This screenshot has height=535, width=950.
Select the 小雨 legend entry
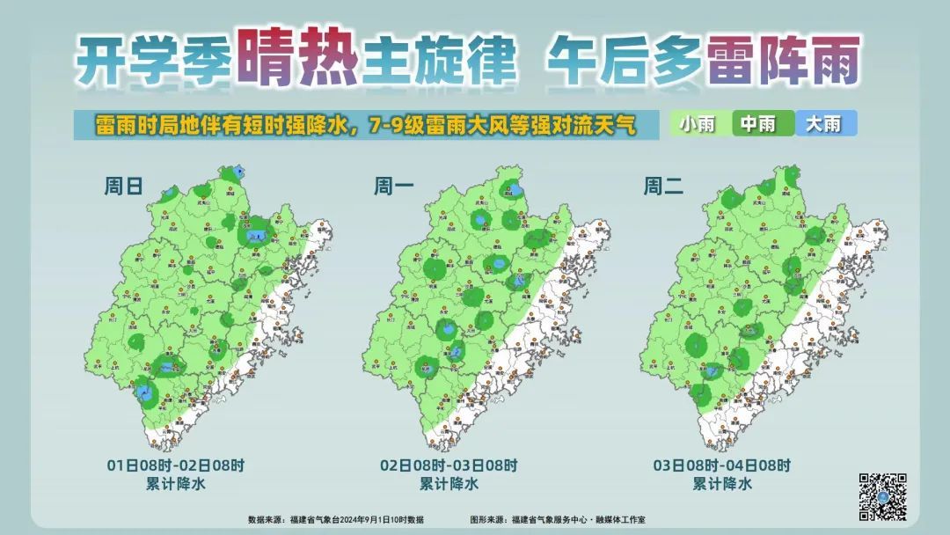click(x=697, y=124)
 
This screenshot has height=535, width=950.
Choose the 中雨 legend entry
click(x=757, y=124)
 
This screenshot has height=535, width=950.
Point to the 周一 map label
click(x=391, y=187)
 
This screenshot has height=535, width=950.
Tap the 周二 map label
click(x=661, y=187)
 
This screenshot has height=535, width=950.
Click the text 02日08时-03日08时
click(x=449, y=465)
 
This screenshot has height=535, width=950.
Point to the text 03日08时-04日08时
click(x=721, y=465)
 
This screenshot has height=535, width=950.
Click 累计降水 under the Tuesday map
click(x=721, y=483)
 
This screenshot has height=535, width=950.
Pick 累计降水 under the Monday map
click(x=449, y=483)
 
